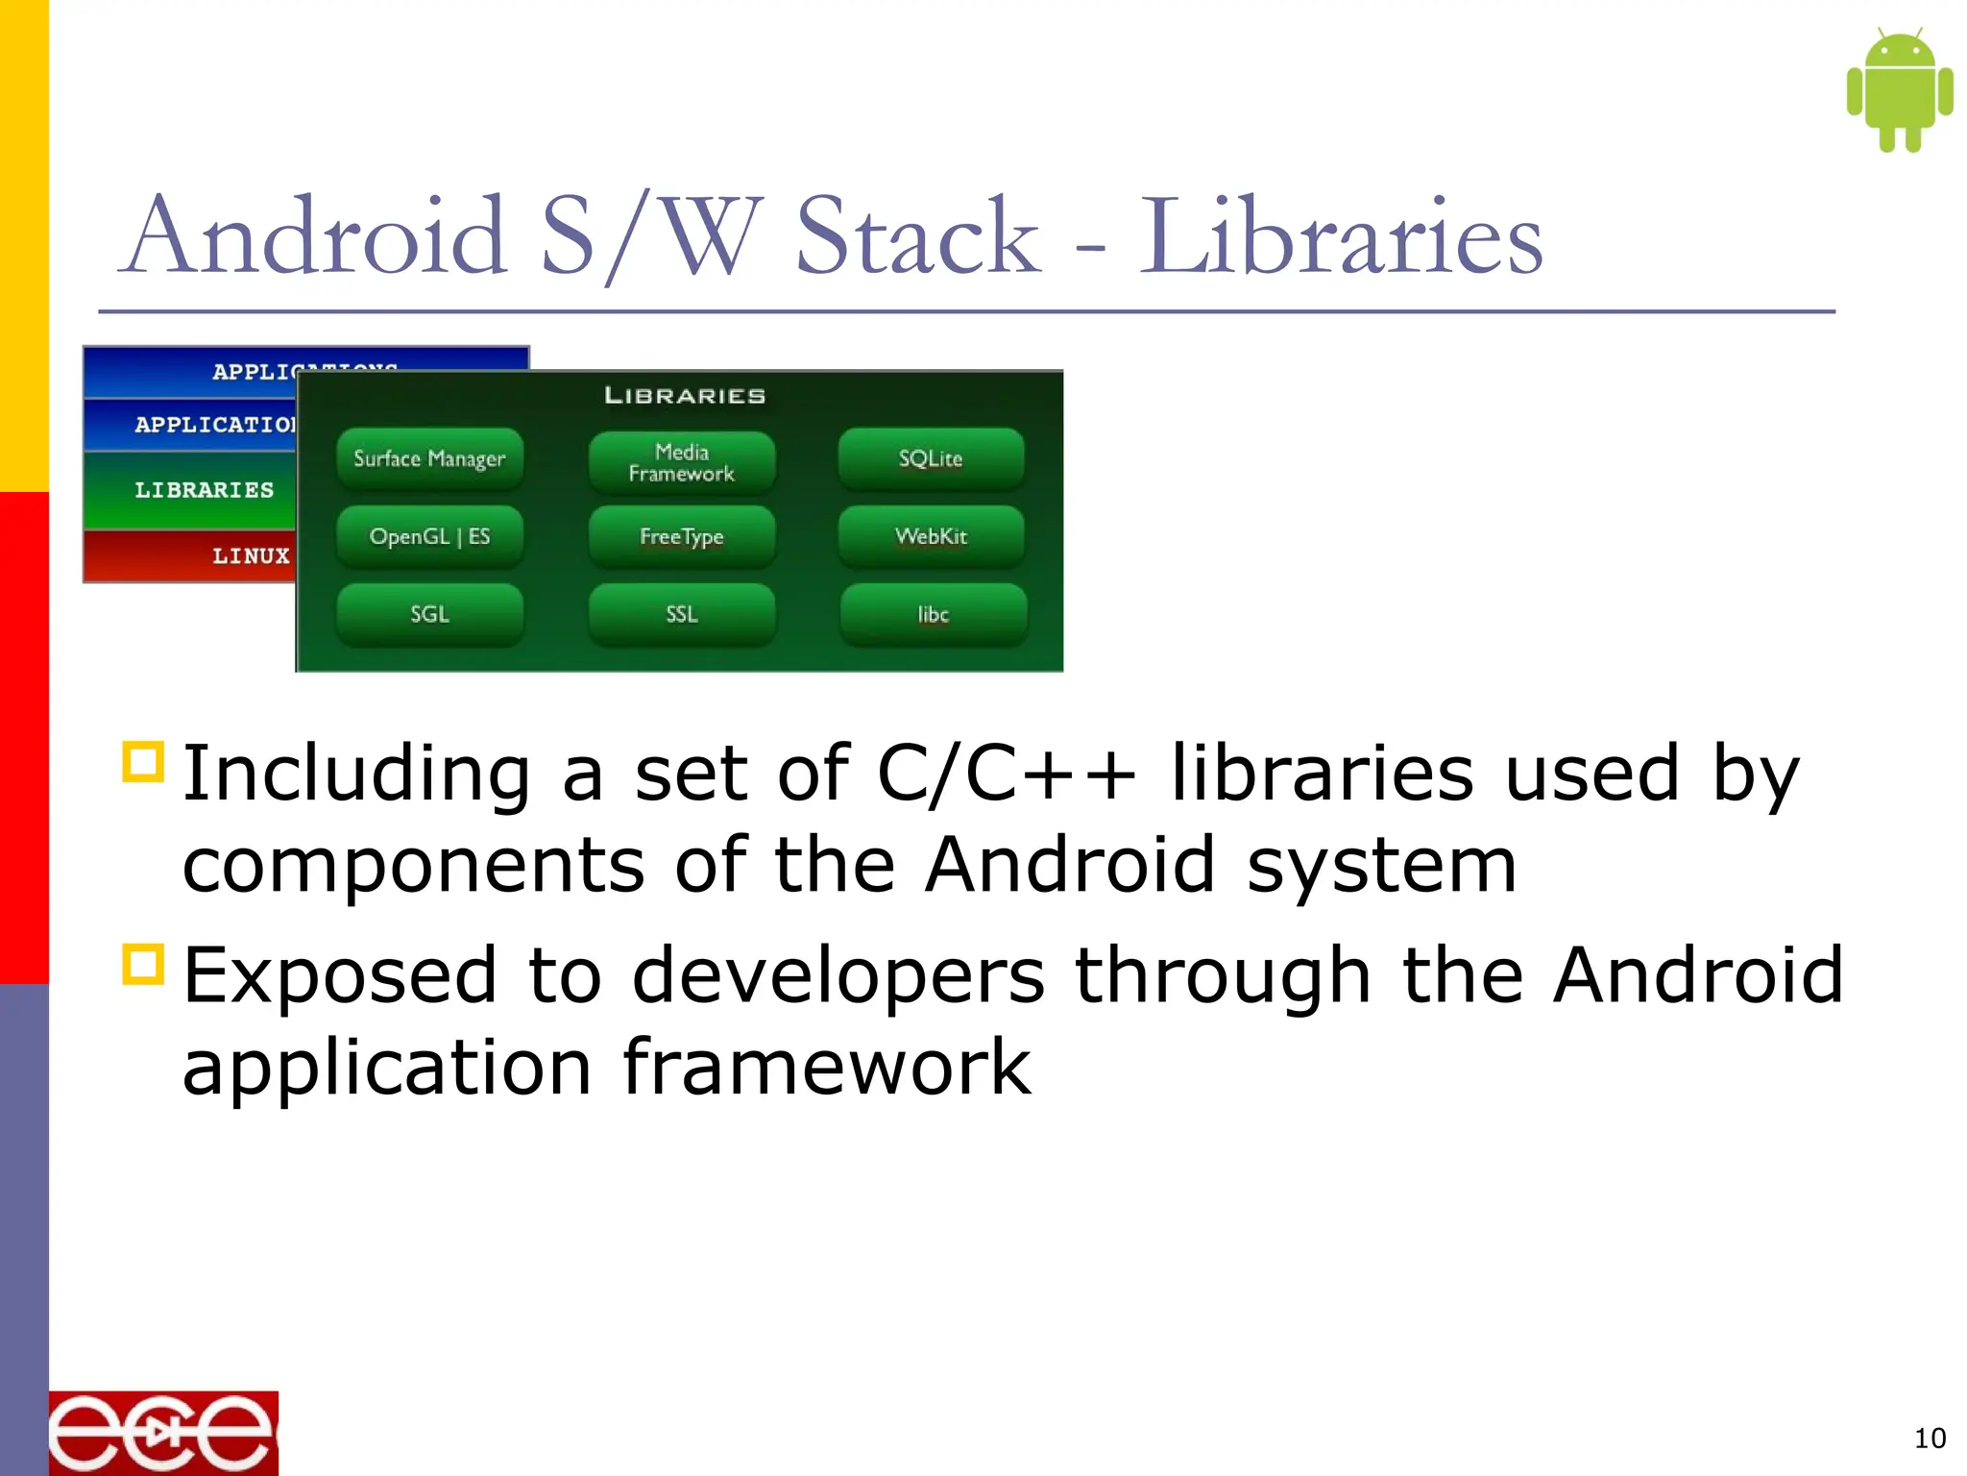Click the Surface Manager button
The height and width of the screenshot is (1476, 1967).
[429, 458]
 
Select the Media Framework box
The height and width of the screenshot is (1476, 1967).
[681, 462]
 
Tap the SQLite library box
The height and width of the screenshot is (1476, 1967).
[931, 458]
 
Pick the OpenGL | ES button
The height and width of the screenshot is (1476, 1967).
[429, 536]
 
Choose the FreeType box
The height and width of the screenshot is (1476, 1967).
[681, 536]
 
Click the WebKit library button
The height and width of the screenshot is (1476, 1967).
[931, 536]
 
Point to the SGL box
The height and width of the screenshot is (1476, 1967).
[429, 614]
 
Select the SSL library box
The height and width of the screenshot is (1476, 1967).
[681, 614]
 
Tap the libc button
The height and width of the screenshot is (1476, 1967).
[933, 614]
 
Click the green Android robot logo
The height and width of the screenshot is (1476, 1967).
[1900, 90]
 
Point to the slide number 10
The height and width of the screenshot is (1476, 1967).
[1930, 1439]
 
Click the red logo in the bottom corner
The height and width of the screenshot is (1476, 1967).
[163, 1433]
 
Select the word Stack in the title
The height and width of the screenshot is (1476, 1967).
[917, 236]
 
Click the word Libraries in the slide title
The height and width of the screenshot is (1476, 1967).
[1341, 236]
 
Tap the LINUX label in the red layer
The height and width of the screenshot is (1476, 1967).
[251, 555]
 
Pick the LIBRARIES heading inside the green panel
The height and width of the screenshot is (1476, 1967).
[685, 396]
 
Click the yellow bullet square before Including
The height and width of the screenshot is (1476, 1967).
[144, 762]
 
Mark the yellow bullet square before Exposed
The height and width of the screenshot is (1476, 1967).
[144, 964]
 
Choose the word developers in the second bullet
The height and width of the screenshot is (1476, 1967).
[838, 975]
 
